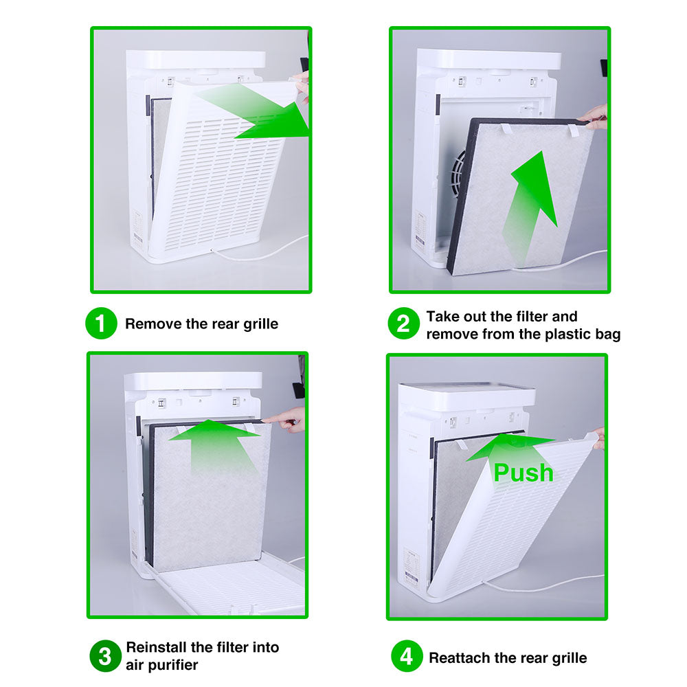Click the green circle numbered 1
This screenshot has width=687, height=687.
(101, 324)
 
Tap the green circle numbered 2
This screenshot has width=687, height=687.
(404, 324)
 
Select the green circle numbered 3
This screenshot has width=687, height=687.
(105, 656)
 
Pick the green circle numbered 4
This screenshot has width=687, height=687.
(407, 656)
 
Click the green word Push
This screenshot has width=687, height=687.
(523, 473)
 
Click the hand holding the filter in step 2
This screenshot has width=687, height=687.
(594, 116)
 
